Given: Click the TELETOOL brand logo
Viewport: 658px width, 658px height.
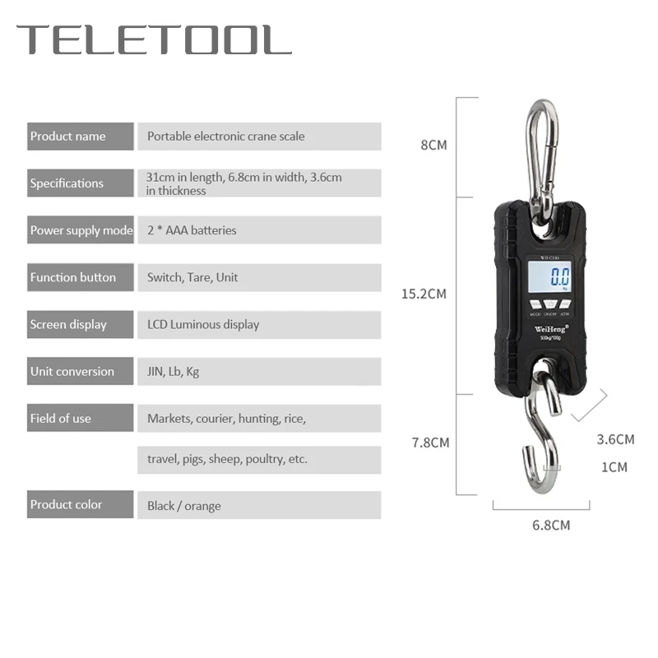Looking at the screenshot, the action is [154, 40].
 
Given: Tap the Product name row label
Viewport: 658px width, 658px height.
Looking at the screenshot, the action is [68, 137].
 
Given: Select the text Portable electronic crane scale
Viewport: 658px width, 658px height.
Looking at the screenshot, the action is [225, 137].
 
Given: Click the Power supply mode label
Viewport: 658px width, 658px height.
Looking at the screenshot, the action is [81, 230].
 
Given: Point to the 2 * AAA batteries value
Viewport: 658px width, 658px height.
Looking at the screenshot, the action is [192, 230].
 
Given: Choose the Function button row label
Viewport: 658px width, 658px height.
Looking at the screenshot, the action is [73, 277].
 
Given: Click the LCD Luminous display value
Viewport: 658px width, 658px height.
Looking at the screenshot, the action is [203, 324].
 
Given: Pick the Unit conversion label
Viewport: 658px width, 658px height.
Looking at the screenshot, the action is [72, 371].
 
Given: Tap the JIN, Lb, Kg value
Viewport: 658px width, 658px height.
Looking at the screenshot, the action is [173, 371].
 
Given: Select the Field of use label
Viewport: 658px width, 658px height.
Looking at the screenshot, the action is [61, 418].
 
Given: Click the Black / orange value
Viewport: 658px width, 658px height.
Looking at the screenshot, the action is [184, 506].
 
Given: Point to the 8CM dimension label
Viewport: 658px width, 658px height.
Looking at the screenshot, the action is [433, 146].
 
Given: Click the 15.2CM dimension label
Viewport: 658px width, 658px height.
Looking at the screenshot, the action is [424, 294].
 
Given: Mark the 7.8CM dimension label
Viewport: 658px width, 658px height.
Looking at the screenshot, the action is [430, 443].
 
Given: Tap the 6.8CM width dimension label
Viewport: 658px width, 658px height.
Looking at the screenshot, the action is [551, 524].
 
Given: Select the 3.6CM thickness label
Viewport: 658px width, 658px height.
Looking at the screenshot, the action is [615, 439].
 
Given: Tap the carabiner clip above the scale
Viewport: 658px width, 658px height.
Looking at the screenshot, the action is [542, 152].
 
